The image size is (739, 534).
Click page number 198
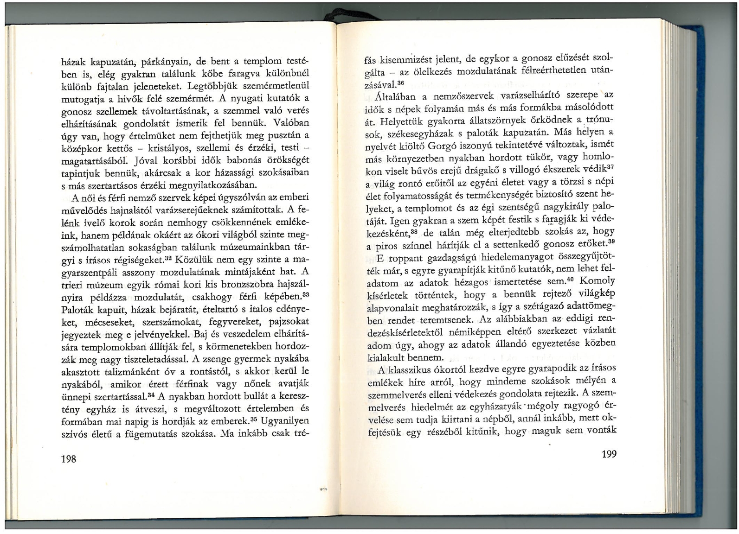click(69, 459)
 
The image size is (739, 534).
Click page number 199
click(609, 454)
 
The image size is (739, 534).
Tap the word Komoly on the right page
click(598, 281)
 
